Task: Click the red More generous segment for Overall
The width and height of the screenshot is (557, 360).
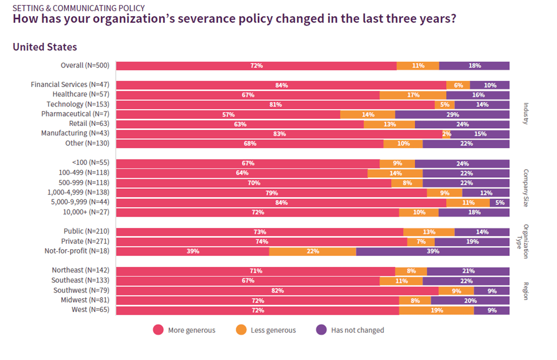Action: click(x=256, y=66)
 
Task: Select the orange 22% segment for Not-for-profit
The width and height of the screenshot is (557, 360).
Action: click(x=312, y=251)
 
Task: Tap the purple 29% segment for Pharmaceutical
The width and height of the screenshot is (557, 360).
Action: click(x=452, y=114)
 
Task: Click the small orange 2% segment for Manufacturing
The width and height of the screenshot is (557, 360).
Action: click(x=447, y=134)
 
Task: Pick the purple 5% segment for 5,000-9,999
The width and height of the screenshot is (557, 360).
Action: click(x=500, y=202)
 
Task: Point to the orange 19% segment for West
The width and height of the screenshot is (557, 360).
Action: click(x=436, y=310)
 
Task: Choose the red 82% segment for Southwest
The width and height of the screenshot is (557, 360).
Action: click(x=277, y=290)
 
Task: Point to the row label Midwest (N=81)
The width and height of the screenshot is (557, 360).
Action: click(x=86, y=300)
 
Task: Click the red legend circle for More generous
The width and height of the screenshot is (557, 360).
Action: click(x=159, y=330)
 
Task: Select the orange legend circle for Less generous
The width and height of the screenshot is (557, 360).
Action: click(x=241, y=330)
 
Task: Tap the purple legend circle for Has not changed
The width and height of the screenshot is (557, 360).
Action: click(x=321, y=330)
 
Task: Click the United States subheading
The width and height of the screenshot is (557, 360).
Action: click(x=45, y=47)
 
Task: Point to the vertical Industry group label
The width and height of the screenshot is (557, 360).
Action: click(x=525, y=114)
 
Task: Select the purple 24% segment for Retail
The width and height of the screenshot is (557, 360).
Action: click(x=462, y=124)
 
